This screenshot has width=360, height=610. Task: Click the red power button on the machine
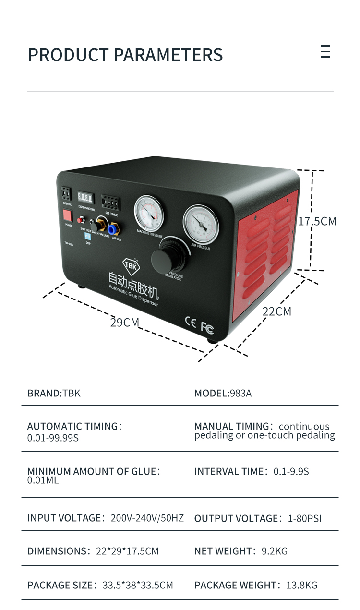(x=68, y=215)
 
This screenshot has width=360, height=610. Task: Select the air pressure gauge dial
(x=201, y=224)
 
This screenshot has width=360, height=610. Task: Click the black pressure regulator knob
(x=167, y=260)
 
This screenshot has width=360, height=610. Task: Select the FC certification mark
(x=207, y=328)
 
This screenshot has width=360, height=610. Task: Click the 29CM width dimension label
(x=124, y=323)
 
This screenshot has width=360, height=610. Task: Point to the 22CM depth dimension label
(x=276, y=311)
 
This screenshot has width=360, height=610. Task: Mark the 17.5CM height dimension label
(x=317, y=221)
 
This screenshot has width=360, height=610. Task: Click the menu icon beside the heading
(x=325, y=51)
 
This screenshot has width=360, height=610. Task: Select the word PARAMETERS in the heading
(x=168, y=55)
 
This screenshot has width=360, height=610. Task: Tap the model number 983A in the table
(x=240, y=394)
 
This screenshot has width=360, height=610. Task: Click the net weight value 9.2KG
(x=275, y=551)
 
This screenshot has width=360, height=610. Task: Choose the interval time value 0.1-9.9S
(x=291, y=471)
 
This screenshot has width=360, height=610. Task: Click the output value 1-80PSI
(x=304, y=518)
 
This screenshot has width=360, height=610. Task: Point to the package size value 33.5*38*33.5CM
(x=138, y=585)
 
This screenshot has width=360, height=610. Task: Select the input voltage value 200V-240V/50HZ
(x=147, y=518)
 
